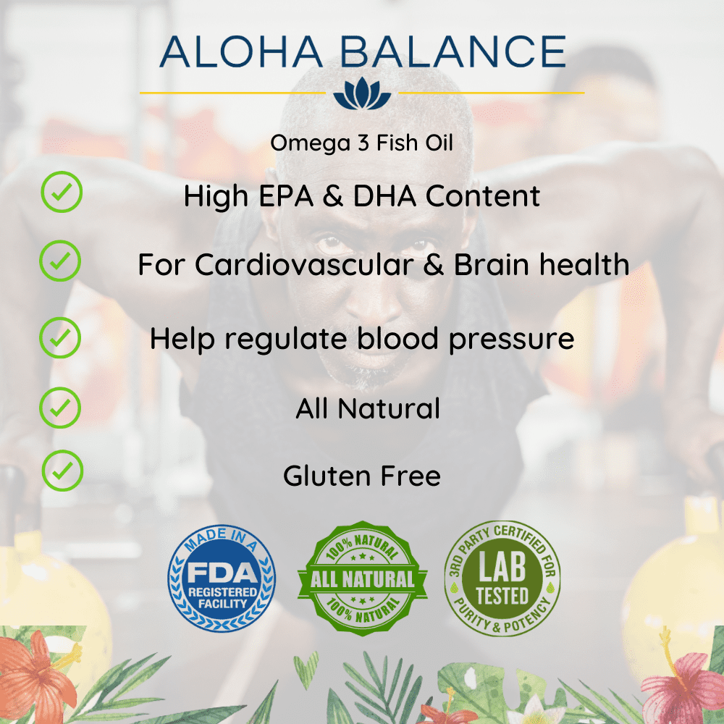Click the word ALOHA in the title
[241, 51]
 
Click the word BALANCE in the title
[453, 51]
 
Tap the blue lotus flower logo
[362, 93]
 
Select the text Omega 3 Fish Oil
[361, 143]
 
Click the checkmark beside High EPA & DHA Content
[62, 192]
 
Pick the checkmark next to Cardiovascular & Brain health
[60, 261]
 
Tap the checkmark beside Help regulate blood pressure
[60, 337]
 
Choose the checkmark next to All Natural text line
[60, 408]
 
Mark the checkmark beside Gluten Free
[62, 471]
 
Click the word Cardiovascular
[304, 265]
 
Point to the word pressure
[512, 340]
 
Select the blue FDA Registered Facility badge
[222, 578]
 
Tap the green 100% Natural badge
[363, 578]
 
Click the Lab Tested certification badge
[502, 578]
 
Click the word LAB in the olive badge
[502, 567]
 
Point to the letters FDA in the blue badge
[222, 573]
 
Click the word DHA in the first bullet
[384, 196]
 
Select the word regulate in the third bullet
[286, 340]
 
